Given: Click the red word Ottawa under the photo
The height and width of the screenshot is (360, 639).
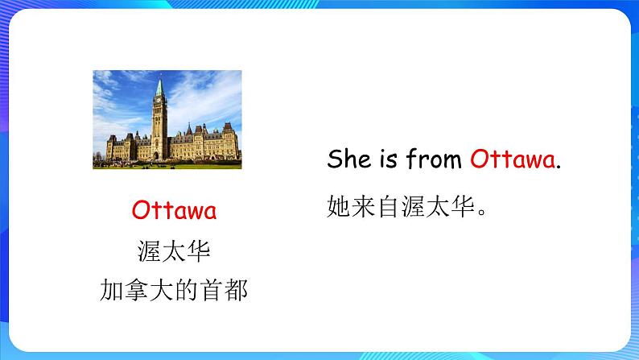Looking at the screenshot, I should (x=174, y=211).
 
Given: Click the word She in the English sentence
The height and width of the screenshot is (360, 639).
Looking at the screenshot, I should (x=348, y=159).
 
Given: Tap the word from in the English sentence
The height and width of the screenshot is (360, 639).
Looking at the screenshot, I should (x=431, y=159).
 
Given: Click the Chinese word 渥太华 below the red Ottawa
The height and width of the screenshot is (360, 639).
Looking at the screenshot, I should (x=174, y=251).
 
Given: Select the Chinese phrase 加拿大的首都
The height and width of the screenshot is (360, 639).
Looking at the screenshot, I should (x=174, y=289).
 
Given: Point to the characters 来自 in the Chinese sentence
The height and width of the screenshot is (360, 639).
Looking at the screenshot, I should (x=377, y=208).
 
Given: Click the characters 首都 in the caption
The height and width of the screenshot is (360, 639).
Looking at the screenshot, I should (x=229, y=289).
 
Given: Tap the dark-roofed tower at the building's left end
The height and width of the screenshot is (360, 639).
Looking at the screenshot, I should (x=111, y=143).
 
